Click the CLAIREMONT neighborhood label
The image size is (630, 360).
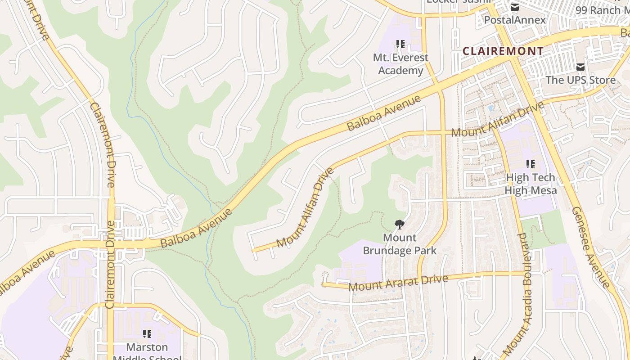(x=503, y=51)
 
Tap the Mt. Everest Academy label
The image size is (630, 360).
(x=400, y=64)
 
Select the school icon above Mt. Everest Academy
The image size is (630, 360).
(x=400, y=44)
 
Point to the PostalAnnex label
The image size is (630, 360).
(x=514, y=20)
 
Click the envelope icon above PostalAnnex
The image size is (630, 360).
(x=514, y=7)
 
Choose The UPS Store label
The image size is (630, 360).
(x=580, y=80)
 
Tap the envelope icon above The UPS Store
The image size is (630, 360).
(x=580, y=67)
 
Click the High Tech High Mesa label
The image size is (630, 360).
(x=531, y=184)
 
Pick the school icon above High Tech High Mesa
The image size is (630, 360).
(x=531, y=164)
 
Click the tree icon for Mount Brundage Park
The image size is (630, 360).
(x=399, y=224)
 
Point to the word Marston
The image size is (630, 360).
(x=147, y=347)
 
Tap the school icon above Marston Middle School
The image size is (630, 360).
(x=147, y=333)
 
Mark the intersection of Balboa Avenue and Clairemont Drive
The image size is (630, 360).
(x=111, y=244)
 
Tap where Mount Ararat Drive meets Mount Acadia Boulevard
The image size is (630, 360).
(x=526, y=273)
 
